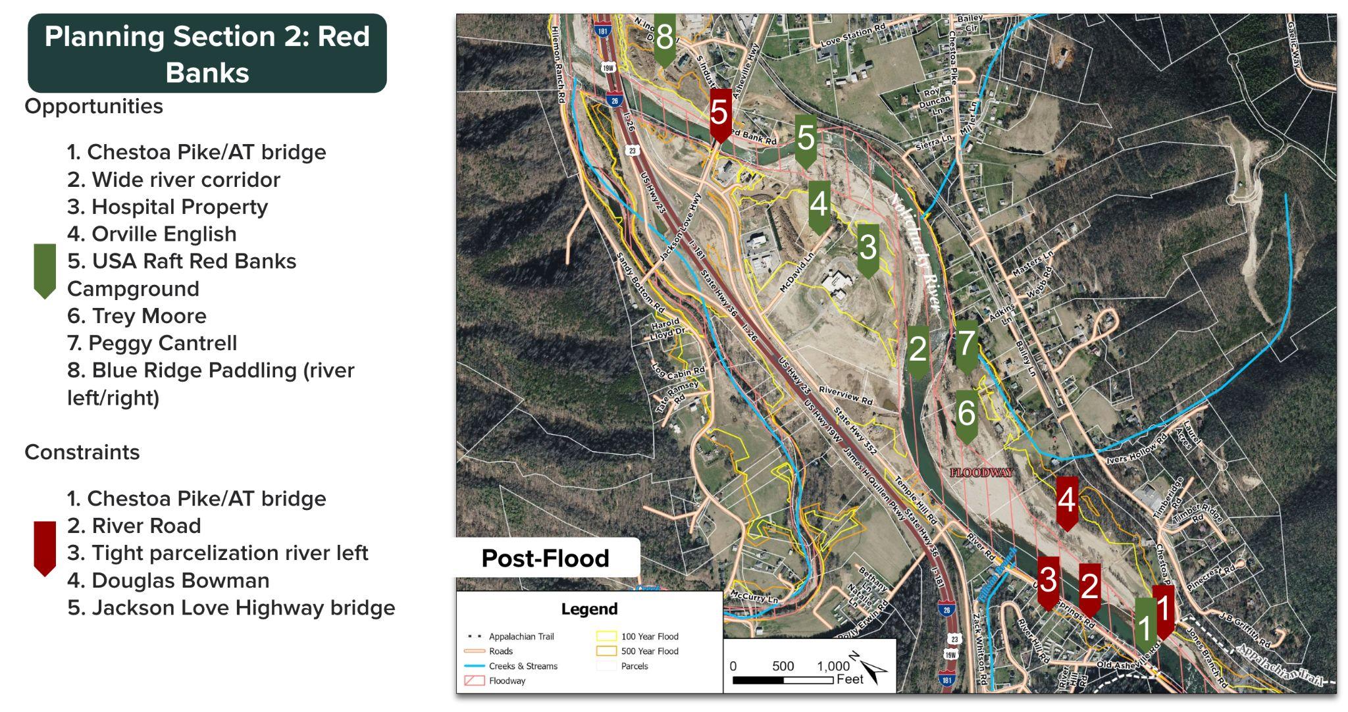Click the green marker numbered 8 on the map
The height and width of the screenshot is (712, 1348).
pos(665,38)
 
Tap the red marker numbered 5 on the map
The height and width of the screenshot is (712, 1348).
pos(720,113)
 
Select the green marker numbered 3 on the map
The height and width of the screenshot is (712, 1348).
pos(868,248)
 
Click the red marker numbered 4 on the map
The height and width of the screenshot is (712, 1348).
pos(1067,501)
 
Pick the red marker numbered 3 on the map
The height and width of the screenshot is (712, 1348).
pos(1048,580)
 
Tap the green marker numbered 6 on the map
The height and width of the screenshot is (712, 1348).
pos(966,414)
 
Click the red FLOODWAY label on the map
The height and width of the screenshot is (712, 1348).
pos(981,472)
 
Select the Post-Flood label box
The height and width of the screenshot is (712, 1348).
pos(546,558)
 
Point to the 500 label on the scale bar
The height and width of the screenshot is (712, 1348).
pos(783,666)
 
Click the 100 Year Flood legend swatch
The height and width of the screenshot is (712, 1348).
pos(606,636)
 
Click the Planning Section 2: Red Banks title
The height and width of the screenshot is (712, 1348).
pos(207,54)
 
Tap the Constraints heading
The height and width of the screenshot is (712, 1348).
pos(82,452)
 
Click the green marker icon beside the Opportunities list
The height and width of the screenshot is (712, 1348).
pos(45,270)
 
